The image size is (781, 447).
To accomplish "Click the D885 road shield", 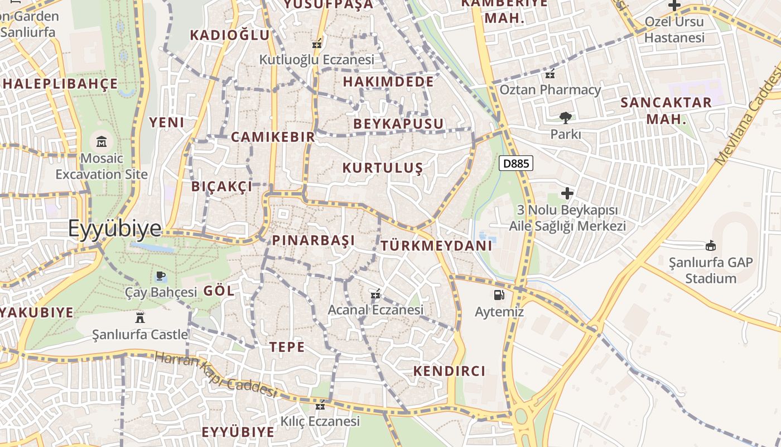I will (x=516, y=164).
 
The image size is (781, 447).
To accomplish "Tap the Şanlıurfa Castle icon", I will (x=140, y=318).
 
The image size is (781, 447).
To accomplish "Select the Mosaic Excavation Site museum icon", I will (x=102, y=141).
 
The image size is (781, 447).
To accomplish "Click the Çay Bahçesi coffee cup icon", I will (x=160, y=275).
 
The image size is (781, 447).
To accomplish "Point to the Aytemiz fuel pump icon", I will (x=499, y=294).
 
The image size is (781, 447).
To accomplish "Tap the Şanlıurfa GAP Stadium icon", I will (x=711, y=245).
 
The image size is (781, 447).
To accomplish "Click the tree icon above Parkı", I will (x=566, y=117).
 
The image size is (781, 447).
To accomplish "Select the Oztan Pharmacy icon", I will (x=550, y=73).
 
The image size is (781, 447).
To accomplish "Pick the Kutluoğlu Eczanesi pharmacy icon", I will (x=317, y=43).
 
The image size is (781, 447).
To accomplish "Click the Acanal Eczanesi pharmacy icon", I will (x=375, y=293).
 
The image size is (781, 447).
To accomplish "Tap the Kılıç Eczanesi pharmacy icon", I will (x=320, y=405).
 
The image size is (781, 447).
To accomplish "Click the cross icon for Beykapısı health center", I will (x=567, y=193).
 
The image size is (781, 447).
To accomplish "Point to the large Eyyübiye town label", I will (x=115, y=228).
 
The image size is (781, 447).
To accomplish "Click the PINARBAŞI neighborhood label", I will (x=314, y=241).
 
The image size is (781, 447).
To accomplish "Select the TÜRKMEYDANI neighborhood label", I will (x=437, y=245).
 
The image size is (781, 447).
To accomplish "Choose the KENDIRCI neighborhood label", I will (x=450, y=371).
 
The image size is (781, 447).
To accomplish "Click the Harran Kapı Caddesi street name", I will (x=216, y=374).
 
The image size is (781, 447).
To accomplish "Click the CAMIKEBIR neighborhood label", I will (x=273, y=137).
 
